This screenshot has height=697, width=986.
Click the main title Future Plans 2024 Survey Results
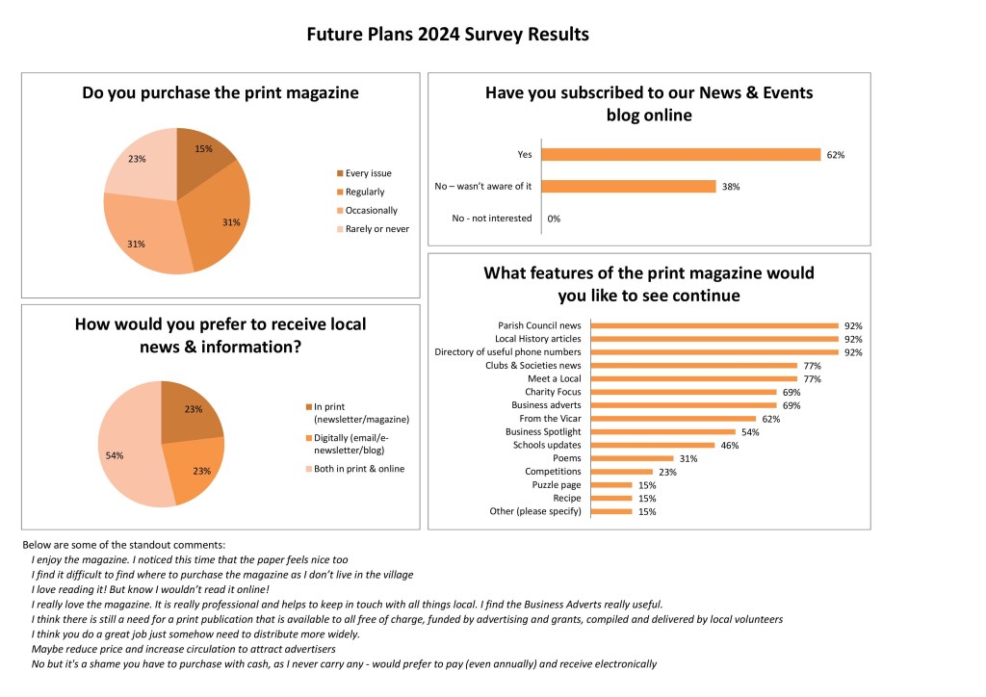pos(447,35)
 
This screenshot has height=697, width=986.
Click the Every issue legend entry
pos(368,173)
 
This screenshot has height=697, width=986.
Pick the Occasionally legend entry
pos(371,210)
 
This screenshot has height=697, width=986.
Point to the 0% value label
pos(554,219)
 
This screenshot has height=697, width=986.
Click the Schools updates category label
pos(546,446)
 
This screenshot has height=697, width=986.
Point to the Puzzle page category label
pos(557,485)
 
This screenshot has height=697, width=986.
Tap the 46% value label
pos(729,446)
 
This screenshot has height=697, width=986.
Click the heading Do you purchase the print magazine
pos(221,92)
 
